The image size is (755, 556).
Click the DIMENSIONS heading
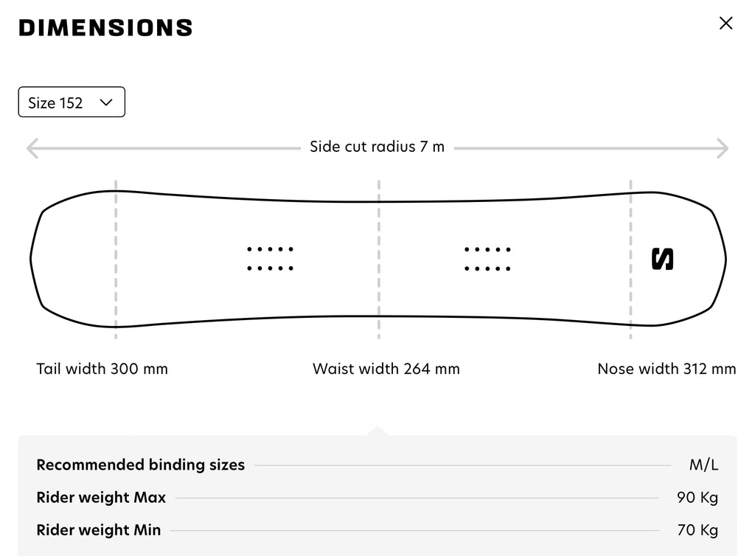(x=105, y=28)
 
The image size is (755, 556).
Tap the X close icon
(x=726, y=23)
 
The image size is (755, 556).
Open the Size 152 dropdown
(x=72, y=102)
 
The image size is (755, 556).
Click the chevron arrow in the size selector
(x=106, y=102)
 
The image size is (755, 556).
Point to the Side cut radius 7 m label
(x=377, y=146)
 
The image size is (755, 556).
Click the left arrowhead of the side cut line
(x=32, y=148)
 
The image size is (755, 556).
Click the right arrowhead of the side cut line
(x=723, y=148)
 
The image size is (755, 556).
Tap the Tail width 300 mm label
(x=102, y=369)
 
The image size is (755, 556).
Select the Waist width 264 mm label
(x=386, y=369)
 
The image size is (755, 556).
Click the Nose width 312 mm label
(x=667, y=369)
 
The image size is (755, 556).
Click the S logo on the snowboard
(x=663, y=259)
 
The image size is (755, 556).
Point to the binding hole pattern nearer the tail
(x=270, y=259)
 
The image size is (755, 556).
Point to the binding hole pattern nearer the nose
(x=487, y=259)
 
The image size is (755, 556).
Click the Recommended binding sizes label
(x=141, y=465)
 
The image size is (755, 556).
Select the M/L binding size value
(x=704, y=465)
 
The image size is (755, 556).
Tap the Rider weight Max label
(x=101, y=497)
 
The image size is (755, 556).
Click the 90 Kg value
(x=697, y=497)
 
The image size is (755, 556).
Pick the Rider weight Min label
(x=99, y=530)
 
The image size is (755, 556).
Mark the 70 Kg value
(x=697, y=530)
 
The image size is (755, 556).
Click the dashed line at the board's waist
(x=379, y=260)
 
